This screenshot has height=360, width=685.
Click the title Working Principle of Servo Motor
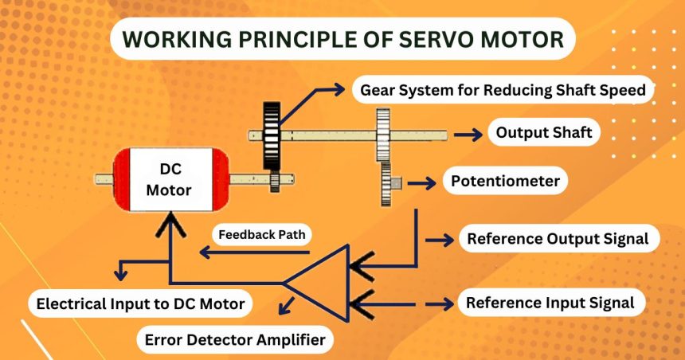[342, 38]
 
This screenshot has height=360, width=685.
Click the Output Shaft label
[544, 132]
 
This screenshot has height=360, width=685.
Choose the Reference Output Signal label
[558, 238]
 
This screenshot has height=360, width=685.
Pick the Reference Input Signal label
[550, 303]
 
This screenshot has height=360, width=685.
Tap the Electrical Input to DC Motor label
[140, 303]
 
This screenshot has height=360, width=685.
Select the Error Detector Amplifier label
[236, 340]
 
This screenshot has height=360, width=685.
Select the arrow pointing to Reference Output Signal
[437, 238]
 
